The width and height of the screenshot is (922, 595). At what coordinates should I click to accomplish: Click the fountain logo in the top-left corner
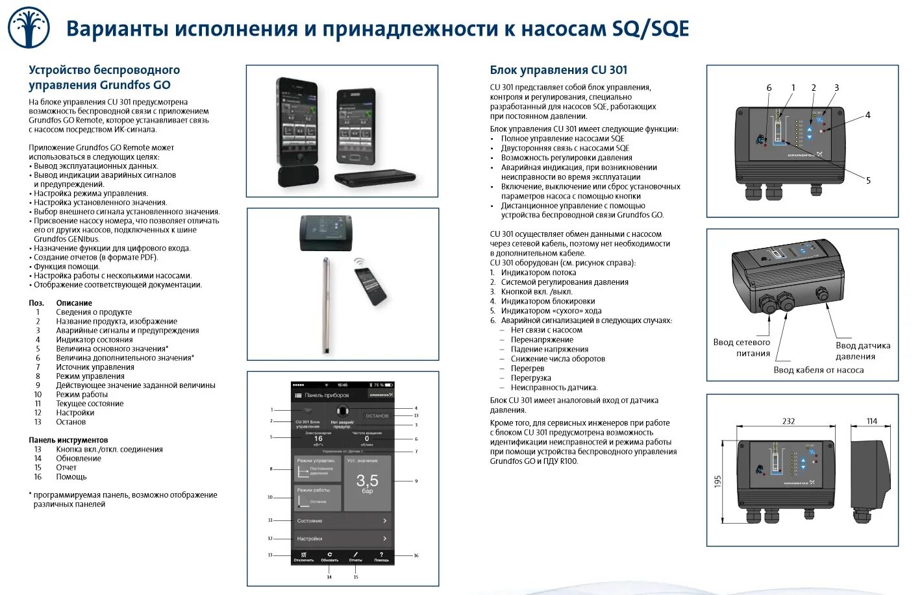pos(29,28)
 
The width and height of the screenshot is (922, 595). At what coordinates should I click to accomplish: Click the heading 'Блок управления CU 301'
pos(558,70)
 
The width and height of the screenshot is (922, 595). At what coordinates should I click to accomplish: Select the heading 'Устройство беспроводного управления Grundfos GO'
pos(104,77)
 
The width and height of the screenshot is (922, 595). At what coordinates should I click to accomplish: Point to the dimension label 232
pos(788,421)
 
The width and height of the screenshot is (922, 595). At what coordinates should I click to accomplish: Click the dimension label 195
pos(717,481)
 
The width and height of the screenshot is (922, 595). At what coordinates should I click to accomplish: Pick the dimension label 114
pos(871,421)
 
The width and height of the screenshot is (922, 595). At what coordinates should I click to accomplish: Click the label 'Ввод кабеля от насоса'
pos(818,370)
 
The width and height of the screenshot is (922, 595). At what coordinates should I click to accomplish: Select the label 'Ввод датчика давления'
pos(862,351)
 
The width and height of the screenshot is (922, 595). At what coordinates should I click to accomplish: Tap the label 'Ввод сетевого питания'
pos(741,348)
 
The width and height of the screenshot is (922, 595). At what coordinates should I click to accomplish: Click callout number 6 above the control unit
pos(769,88)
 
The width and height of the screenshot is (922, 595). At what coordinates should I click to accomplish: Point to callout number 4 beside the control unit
pos(867,115)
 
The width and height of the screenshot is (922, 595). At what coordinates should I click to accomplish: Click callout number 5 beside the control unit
pos(868,180)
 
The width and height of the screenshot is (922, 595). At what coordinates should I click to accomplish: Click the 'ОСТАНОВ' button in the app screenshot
pos(377,416)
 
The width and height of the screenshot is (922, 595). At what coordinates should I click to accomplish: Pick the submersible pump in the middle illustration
pos(327,305)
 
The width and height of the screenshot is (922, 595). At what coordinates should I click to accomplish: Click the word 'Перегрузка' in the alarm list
pos(530,378)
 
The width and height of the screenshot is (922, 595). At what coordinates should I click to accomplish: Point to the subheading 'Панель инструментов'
pos(68,440)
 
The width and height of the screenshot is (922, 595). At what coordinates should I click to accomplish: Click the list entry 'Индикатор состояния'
pos(94,339)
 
